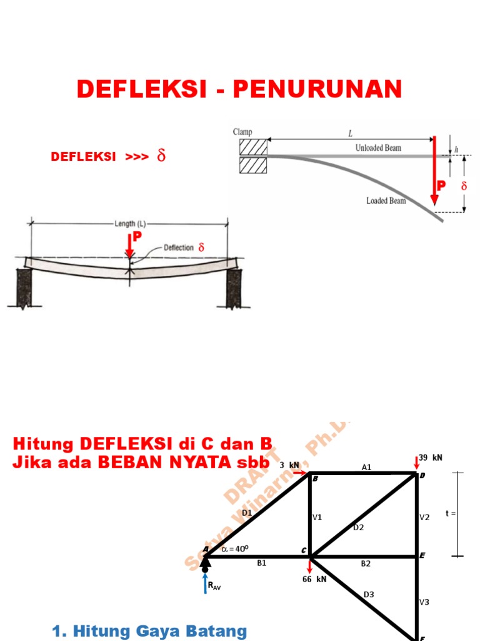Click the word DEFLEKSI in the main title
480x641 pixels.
[141, 90]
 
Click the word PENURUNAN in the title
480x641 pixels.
[317, 90]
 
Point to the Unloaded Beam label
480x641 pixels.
[378, 148]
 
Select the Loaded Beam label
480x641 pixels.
[386, 201]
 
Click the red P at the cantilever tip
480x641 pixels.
[442, 186]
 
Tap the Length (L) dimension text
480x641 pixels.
[130, 223]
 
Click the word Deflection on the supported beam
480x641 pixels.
[179, 248]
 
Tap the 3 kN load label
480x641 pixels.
[289, 465]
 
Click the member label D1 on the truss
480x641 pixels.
[247, 513]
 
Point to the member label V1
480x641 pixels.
[317, 518]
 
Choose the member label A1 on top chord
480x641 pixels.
[367, 467]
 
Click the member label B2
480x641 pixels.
[366, 563]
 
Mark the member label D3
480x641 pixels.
[369, 594]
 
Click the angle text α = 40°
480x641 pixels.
[234, 549]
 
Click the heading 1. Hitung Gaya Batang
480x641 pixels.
[150, 631]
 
